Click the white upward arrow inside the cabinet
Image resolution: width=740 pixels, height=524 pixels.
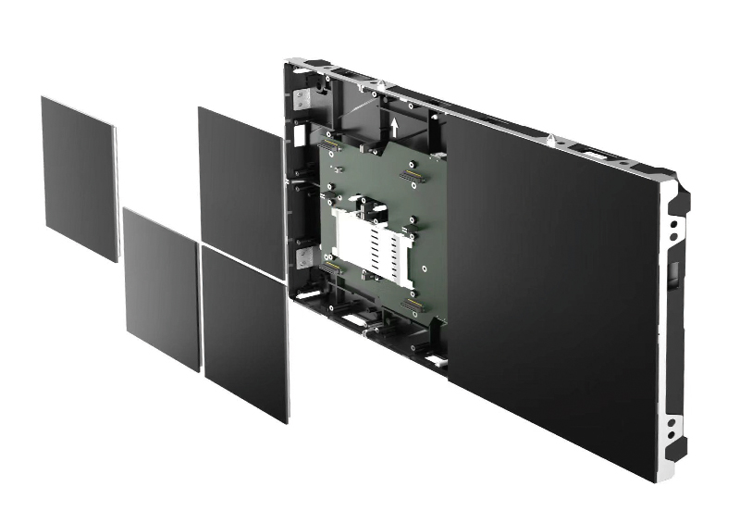pyautogui.click(x=395, y=125)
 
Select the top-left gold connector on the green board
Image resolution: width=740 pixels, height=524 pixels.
pyautogui.click(x=328, y=143)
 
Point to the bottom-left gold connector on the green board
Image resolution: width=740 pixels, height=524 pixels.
pyautogui.click(x=330, y=267)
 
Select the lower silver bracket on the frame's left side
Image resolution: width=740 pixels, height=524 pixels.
pyautogui.click(x=301, y=256)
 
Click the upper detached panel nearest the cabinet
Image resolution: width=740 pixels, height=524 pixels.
pyautogui.click(x=240, y=190)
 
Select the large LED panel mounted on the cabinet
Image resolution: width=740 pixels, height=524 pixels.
pyautogui.click(x=555, y=296)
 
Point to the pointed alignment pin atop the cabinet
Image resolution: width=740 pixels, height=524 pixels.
pyautogui.click(x=551, y=140)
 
